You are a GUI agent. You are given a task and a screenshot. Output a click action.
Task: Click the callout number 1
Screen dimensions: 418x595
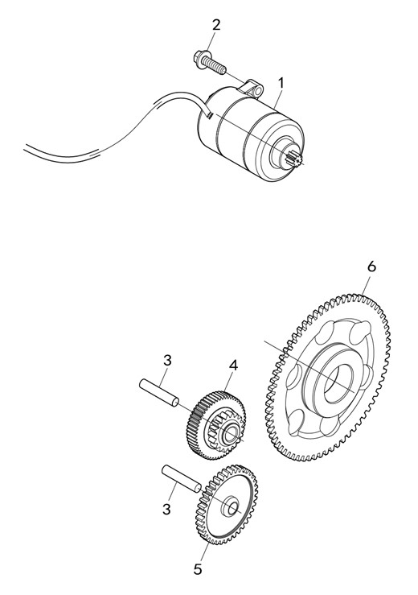[281, 83]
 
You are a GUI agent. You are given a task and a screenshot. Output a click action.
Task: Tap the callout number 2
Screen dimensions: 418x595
[215, 25]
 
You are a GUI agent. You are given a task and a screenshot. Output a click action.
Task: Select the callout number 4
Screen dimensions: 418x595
[234, 366]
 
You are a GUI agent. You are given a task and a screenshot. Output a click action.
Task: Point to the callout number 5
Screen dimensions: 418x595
[198, 569]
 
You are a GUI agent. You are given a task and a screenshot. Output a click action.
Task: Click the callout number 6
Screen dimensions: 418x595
[371, 267]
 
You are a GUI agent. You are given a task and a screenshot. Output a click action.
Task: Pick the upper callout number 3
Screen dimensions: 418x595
[167, 360]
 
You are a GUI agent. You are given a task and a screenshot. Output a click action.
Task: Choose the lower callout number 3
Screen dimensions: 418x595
[166, 509]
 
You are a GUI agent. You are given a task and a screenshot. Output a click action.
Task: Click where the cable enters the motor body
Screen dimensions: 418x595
[208, 114]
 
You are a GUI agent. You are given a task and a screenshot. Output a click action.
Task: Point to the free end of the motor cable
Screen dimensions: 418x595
[25, 147]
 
